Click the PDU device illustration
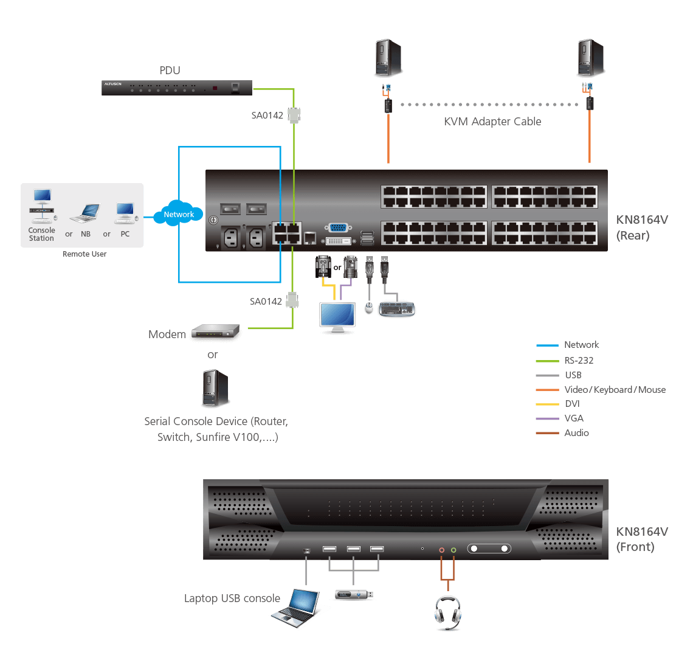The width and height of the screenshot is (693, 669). (176, 88)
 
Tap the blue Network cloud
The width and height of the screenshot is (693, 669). (179, 214)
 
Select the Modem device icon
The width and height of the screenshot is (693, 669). (215, 333)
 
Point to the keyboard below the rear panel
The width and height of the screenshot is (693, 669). (397, 309)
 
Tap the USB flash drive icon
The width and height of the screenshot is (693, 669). (354, 594)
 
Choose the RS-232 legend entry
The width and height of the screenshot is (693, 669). (579, 360)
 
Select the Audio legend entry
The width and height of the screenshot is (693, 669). (576, 433)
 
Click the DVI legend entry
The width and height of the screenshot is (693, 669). (572, 404)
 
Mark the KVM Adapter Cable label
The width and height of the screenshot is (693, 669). (492, 122)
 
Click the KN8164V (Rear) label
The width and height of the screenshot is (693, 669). (641, 227)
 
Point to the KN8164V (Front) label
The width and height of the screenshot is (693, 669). (641, 539)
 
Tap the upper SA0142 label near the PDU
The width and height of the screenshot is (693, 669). (267, 116)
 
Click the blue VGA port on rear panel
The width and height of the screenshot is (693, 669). (339, 228)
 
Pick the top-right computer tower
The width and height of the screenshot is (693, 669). (590, 58)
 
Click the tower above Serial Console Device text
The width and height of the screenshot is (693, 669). (216, 389)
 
